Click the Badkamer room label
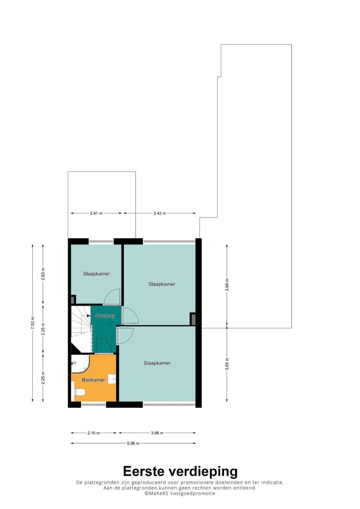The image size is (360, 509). tap(93, 380)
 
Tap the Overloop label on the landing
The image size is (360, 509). tap(105, 315)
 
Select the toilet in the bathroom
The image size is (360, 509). tap(80, 392)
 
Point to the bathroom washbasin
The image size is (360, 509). tap(112, 379)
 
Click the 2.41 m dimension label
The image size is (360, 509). tap(96, 213)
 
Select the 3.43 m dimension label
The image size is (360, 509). tap(159, 213)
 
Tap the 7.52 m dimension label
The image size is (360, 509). tap(32, 323)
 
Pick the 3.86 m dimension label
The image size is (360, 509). tap(227, 285)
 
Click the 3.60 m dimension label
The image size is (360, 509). tap(227, 364)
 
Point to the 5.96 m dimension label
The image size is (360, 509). tap(133, 443)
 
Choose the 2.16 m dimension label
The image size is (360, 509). tap(93, 433)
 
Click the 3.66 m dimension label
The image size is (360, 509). tap(157, 433)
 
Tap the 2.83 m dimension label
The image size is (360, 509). tap(43, 274)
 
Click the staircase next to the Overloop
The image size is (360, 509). tap(81, 329)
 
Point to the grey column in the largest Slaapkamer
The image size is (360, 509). tap(193, 319)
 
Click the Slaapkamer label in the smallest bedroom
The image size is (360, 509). tap(97, 274)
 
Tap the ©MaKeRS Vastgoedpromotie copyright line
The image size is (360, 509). tap(180, 494)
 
